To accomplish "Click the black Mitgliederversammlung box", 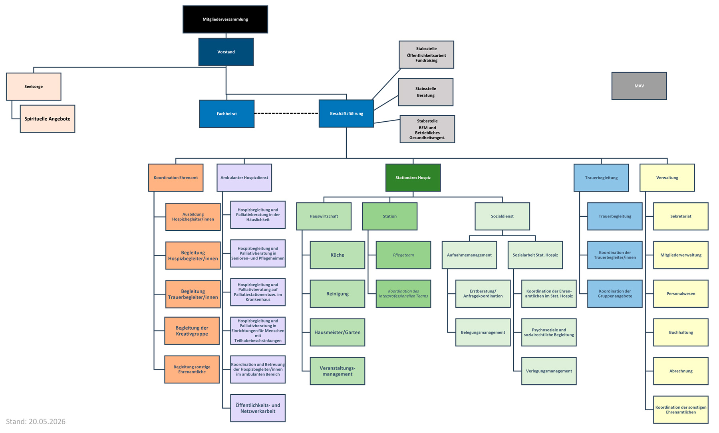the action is point(225,19).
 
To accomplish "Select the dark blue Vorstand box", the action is point(226,52).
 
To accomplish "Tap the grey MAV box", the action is point(639,86).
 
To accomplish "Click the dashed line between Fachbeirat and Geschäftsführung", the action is point(286,113).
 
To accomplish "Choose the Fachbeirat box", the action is point(227,114).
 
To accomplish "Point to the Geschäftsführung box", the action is point(346,113).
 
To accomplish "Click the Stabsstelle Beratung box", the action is point(426,92).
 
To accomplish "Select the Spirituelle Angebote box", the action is point(48,119).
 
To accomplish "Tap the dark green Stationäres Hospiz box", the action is point(413,178).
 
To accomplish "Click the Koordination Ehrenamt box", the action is point(176,178).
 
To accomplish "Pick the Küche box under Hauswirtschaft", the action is point(338,255).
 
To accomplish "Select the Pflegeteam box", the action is point(403,255).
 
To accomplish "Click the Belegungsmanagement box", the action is point(483,332).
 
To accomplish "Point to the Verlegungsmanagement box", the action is point(549,371).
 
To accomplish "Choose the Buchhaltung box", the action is point(681,332).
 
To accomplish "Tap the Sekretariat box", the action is point(681,216).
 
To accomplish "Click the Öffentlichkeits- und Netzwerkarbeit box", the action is point(258,408).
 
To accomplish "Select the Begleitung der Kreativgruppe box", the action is point(192,331).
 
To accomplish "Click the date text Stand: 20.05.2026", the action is point(36,421).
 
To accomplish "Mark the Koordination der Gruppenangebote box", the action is point(615,294).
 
